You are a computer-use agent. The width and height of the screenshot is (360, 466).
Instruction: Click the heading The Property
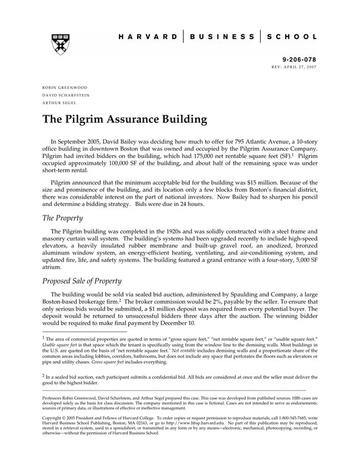62,218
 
